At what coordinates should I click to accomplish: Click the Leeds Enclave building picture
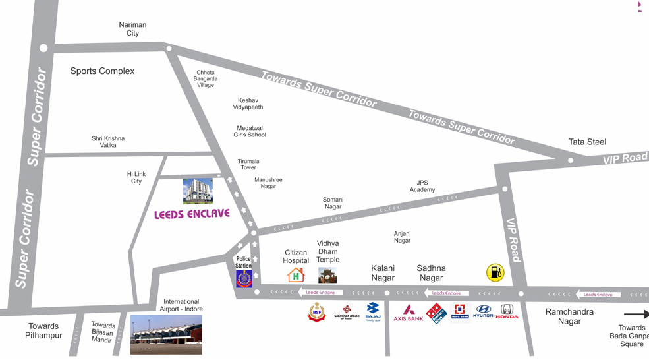click(198, 191)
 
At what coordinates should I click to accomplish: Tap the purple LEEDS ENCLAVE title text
click(192, 214)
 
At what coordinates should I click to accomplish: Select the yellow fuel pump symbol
click(495, 272)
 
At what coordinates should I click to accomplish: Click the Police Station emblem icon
click(244, 278)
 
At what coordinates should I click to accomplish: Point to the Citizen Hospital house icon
click(296, 274)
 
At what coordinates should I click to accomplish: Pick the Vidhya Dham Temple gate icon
click(327, 275)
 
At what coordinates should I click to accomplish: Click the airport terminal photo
click(166, 334)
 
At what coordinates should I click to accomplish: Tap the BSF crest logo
click(317, 312)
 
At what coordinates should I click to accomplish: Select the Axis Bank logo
click(409, 313)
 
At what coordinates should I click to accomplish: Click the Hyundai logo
click(484, 311)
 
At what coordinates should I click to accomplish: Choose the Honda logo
click(507, 311)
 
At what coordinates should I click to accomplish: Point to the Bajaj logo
click(373, 312)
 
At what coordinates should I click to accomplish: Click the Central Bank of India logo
click(347, 312)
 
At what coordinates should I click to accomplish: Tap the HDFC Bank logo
click(460, 312)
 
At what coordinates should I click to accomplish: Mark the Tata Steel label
click(587, 142)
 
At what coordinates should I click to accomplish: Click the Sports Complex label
click(102, 71)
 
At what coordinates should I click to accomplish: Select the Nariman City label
click(132, 29)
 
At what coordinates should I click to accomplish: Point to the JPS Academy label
click(422, 186)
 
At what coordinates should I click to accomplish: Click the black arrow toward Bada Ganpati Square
click(636, 315)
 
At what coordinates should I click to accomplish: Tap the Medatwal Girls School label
click(250, 131)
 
